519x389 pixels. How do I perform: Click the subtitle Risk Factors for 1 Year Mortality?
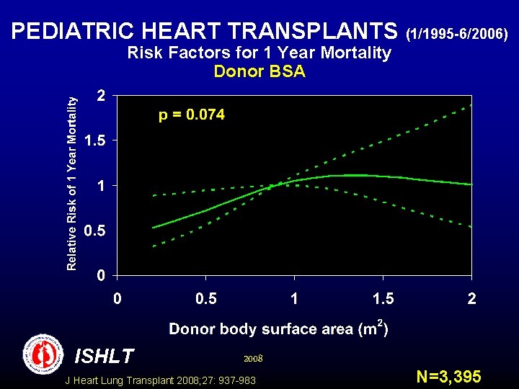pyautogui.click(x=259, y=53)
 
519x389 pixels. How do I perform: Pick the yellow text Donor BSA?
pyautogui.click(x=259, y=71)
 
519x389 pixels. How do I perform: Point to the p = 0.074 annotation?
pyautogui.click(x=191, y=115)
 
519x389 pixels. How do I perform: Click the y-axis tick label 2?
pyautogui.click(x=103, y=96)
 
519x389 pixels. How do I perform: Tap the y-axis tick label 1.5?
pyautogui.click(x=95, y=141)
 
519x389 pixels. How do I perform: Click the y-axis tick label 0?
pyautogui.click(x=103, y=276)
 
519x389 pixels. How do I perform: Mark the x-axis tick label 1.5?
pyautogui.click(x=383, y=299)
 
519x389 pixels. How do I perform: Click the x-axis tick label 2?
pyautogui.click(x=471, y=299)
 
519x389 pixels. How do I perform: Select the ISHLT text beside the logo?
pyautogui.click(x=104, y=356)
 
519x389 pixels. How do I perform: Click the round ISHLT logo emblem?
pyautogui.click(x=43, y=354)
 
